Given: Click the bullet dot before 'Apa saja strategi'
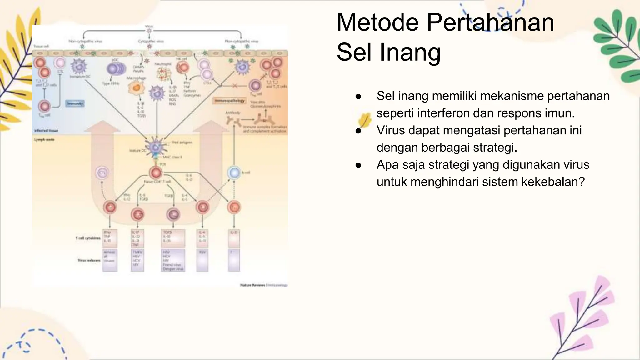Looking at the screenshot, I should click(358, 165).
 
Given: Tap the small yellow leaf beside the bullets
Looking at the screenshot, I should click(364, 120).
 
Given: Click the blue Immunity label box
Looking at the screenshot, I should click(75, 103).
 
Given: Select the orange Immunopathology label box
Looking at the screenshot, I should click(230, 101).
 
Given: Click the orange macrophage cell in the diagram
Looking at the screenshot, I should click(136, 88).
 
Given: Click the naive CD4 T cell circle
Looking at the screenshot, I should click(156, 172).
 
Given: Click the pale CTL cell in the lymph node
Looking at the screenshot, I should click(102, 172).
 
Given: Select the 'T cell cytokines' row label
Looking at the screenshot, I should click(88, 238).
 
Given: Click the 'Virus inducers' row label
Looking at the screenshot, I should click(89, 260).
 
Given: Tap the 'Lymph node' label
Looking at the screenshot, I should click(44, 140).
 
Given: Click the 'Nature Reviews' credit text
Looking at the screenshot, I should click(252, 285).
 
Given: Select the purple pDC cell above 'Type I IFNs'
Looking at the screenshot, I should click(115, 69).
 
